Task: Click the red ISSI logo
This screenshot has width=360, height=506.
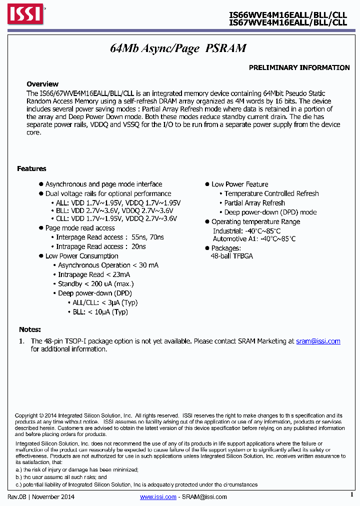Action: click(x=24, y=14)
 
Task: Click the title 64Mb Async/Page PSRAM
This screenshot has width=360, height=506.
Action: click(x=178, y=48)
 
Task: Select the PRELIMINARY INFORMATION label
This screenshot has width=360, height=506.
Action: click(x=299, y=67)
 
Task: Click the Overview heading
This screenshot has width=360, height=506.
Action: click(x=42, y=84)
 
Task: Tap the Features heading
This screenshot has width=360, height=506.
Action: click(x=31, y=168)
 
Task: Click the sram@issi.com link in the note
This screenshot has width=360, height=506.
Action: click(x=318, y=341)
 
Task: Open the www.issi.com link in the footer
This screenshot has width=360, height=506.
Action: click(x=158, y=496)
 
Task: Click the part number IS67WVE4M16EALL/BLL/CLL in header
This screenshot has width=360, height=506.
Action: click(x=288, y=22)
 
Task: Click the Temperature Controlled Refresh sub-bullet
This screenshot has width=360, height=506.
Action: click(x=271, y=193)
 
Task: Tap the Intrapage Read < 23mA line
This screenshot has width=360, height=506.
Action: click(x=94, y=274)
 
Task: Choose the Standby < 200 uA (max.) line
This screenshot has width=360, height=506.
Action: click(x=95, y=284)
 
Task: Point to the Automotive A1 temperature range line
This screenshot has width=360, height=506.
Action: click(x=254, y=239)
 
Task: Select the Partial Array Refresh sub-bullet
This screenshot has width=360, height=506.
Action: click(x=254, y=203)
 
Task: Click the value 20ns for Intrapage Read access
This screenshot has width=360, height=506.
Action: click(x=138, y=246)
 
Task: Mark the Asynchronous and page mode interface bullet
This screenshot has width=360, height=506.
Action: click(x=103, y=184)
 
